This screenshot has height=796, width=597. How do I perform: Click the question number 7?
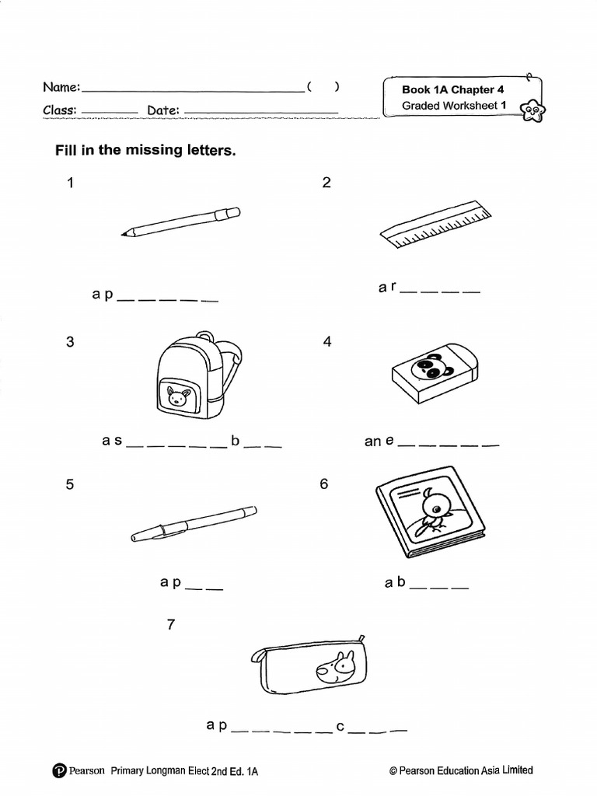point(172,625)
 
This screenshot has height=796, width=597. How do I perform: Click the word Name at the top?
point(61,88)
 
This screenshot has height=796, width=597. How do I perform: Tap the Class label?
point(59,110)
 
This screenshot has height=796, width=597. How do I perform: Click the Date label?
point(163,110)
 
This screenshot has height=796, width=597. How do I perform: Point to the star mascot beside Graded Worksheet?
point(532,112)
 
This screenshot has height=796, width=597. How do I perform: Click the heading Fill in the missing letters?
point(145,150)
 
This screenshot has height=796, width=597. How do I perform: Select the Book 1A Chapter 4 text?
point(447,89)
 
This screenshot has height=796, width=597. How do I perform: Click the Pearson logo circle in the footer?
point(59,771)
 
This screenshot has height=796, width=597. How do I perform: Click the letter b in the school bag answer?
point(235,441)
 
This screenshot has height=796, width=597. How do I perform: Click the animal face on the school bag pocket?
point(179,397)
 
